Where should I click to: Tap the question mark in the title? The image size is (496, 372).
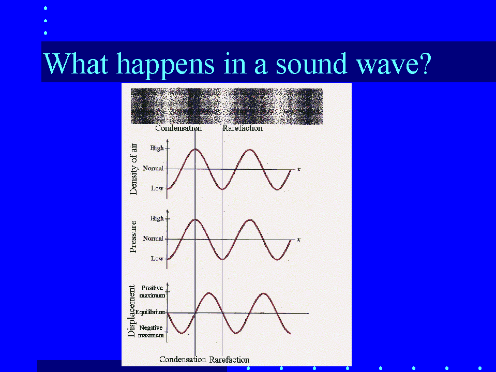pos(424,63)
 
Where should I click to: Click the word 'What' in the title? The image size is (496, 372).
pos(76,63)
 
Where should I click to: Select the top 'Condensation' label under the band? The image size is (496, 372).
pos(178,128)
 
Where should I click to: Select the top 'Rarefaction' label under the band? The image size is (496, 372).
pos(243,128)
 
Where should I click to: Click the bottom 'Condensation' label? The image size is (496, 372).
pos(183,360)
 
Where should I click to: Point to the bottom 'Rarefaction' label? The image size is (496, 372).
pos(229,360)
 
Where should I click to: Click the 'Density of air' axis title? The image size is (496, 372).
pos(134,169)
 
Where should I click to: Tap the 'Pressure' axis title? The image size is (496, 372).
pos(133,236)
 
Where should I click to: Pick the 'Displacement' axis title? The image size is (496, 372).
pos(131,311)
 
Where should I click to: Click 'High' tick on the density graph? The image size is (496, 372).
pos(157,148)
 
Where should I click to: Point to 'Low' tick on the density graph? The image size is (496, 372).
pos(157,188)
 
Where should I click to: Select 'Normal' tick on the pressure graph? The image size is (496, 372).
pos(153,239)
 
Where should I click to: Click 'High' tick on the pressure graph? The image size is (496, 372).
pos(157,218)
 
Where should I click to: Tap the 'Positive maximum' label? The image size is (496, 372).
pos(152,292)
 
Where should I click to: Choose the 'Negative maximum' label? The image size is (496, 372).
pos(151,331)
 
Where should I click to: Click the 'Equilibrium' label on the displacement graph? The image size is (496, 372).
pos(151,312)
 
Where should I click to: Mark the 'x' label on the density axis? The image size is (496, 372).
pos(298,170)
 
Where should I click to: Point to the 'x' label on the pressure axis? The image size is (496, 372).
pos(298,240)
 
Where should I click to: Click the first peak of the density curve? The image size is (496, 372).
pos(195,149)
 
